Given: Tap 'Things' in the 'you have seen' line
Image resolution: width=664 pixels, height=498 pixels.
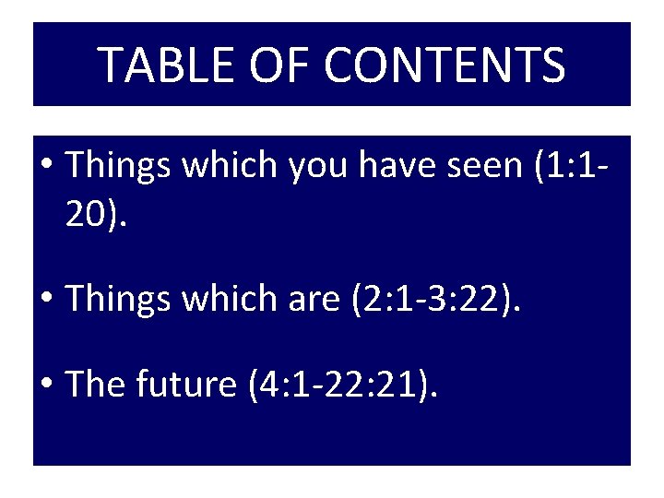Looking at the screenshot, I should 118,166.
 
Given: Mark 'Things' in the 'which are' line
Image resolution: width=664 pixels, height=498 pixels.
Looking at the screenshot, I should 118,299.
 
